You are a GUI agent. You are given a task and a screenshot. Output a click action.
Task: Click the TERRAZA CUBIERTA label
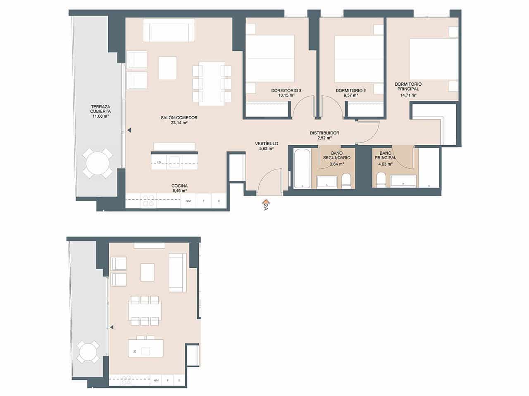100,108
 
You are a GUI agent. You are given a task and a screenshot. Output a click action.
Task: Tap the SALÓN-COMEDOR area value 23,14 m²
179,123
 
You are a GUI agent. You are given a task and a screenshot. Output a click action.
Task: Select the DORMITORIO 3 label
286,90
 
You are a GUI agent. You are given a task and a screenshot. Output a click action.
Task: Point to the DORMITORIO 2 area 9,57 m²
350,95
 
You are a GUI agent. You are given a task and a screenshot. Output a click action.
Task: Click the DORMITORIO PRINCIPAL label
408,86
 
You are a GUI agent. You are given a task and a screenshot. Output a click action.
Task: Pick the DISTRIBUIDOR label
324,133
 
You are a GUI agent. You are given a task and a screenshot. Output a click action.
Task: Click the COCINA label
179,186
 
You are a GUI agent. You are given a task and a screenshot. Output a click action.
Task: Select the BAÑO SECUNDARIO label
337,156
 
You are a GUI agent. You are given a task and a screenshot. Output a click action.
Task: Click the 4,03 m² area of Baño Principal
385,164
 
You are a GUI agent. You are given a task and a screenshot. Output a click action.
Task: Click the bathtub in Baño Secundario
302,169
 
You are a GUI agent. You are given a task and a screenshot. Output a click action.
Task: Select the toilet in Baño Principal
381,180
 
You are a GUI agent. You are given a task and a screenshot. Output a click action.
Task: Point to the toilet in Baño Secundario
346,180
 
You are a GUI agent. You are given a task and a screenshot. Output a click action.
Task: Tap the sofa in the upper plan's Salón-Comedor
169,30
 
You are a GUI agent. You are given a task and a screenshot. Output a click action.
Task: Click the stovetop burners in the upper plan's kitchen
148,200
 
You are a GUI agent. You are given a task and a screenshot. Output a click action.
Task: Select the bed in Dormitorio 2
359,59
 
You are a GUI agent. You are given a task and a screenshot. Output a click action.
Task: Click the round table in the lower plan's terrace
88,352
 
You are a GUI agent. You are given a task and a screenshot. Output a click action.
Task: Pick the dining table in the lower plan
144,309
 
